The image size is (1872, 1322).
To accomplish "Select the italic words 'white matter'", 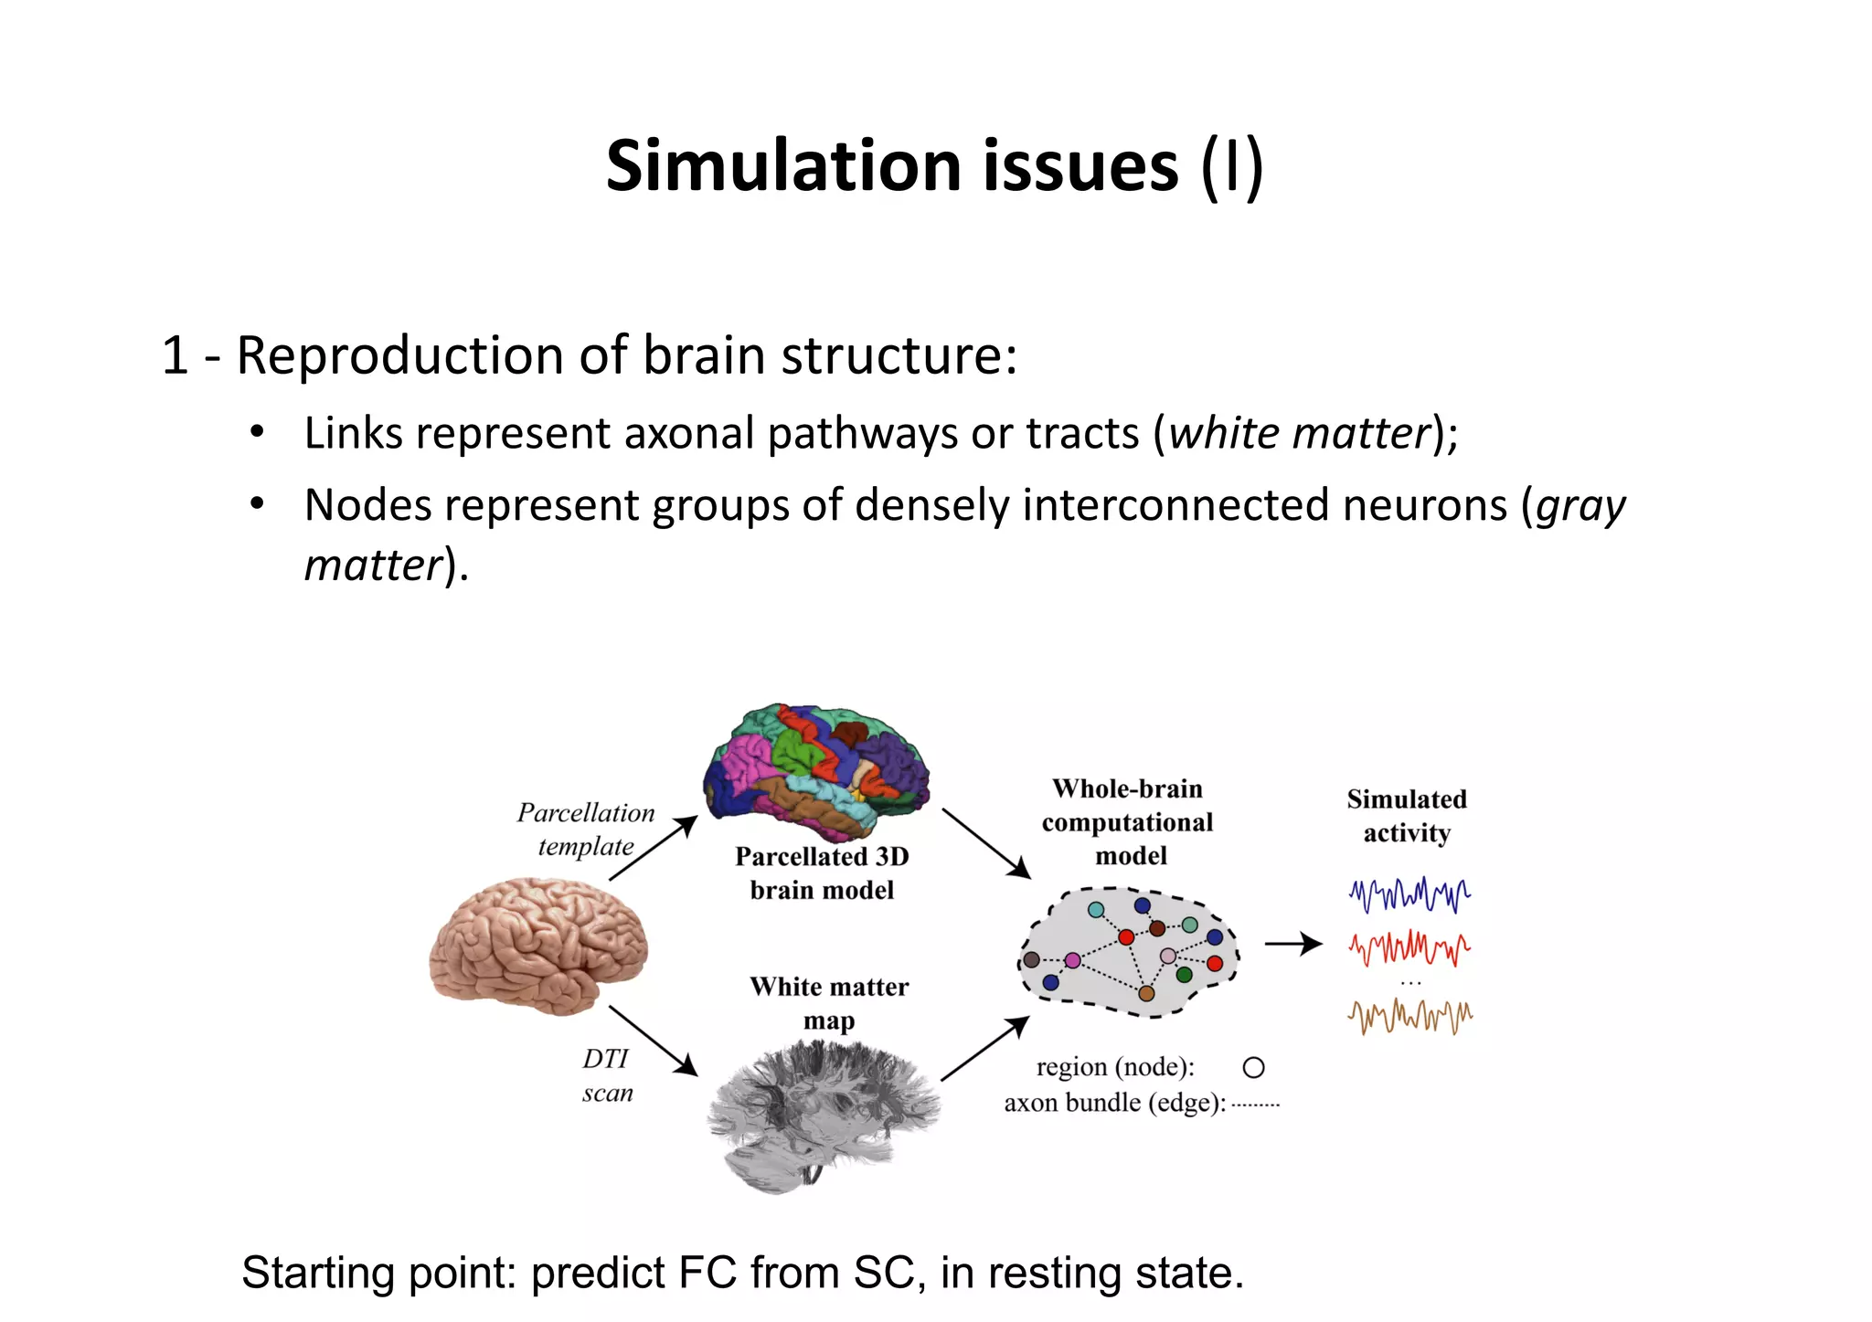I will tap(1299, 433).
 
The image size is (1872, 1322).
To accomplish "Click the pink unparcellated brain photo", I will tap(539, 946).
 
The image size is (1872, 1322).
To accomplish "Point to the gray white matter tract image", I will tap(823, 1115).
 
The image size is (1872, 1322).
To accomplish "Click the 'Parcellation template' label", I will tap(586, 830).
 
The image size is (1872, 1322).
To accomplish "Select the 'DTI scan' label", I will tap(607, 1075).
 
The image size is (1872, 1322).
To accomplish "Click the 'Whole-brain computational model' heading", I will tap(1128, 822).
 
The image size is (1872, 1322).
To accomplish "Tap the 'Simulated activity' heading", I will tap(1407, 816).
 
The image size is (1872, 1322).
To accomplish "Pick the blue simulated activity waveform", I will tap(1409, 894).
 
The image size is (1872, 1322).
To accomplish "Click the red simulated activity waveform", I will tap(1409, 948).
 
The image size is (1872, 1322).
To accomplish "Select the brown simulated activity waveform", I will tap(1409, 1015).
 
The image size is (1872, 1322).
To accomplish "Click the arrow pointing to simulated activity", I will tap(1293, 944).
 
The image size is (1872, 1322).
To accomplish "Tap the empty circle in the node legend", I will tap(1253, 1067).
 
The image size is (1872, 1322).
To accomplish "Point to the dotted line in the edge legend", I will tap(1255, 1105).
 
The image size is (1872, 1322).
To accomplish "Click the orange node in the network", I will tap(1146, 993).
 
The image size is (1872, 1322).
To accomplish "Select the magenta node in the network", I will tap(1072, 960).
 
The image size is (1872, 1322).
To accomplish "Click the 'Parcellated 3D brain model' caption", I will tap(822, 873).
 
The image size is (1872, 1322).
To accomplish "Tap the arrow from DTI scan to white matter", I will tap(652, 1040).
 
